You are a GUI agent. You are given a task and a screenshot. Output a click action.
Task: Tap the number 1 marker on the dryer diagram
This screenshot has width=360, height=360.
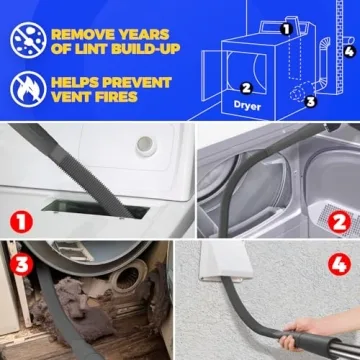point(286,29)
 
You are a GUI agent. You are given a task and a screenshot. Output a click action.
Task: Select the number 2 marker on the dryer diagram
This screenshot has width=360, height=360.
point(246,87)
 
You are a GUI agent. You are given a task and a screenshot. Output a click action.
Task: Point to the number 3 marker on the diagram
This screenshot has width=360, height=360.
point(310,100)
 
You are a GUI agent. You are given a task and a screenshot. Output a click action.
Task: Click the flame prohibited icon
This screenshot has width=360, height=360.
point(26,88)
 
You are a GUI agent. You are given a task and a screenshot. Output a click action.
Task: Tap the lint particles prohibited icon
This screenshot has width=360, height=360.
point(26,38)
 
